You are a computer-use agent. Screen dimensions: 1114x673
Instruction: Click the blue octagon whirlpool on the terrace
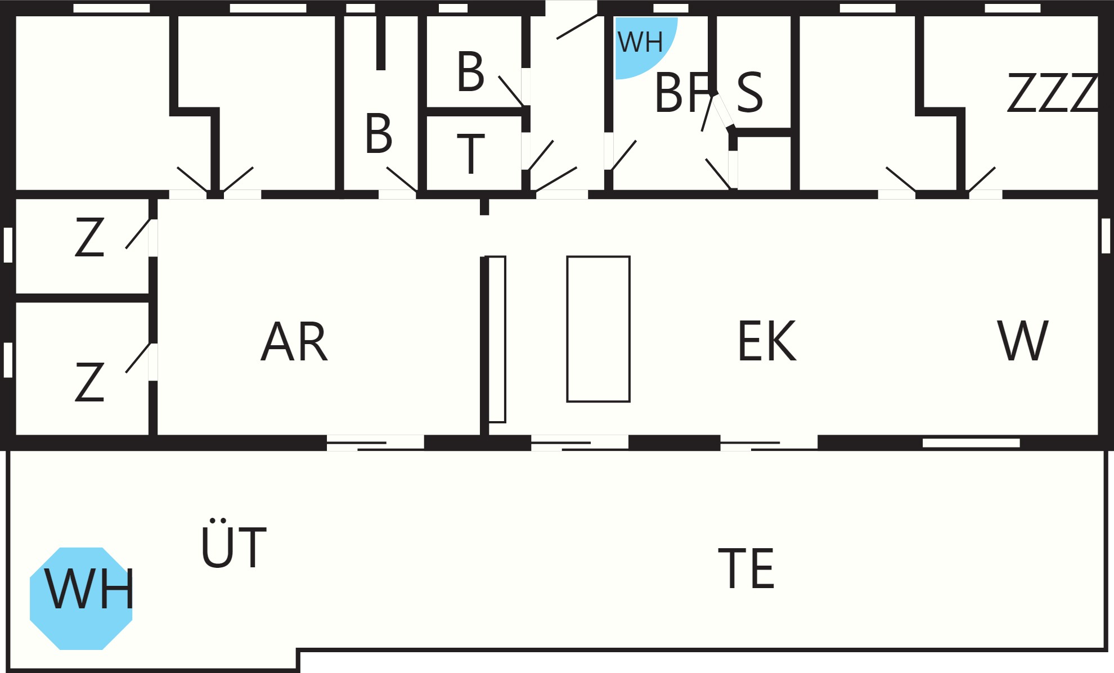pos(81,599)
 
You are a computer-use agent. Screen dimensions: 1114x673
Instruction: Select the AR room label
pos(294,341)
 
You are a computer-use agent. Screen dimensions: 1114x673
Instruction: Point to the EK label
pos(767,340)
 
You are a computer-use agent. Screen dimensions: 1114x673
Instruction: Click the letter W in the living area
pos(1023,340)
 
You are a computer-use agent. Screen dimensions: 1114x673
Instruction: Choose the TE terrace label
pos(747,568)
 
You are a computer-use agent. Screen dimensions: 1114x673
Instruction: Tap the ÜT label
pos(233,543)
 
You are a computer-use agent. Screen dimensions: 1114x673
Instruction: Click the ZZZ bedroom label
pos(1052,92)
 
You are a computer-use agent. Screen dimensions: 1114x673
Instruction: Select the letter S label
pos(749,91)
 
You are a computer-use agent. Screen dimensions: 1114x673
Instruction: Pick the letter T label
pos(470,153)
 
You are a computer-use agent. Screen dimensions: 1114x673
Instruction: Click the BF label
pos(682,92)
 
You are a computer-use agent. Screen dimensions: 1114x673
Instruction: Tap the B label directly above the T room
pos(470,71)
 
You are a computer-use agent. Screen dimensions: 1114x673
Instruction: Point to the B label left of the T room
pos(378,133)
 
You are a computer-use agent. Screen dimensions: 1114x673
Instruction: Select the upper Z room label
pos(89,237)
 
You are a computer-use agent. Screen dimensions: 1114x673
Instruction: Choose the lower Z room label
pos(89,382)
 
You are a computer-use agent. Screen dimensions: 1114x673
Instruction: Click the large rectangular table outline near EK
pos(598,329)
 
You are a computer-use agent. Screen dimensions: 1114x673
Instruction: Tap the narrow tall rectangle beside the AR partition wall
pos(496,339)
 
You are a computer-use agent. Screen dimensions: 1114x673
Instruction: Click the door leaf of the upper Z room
pos(138,233)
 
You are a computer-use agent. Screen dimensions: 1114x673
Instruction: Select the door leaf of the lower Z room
pos(138,358)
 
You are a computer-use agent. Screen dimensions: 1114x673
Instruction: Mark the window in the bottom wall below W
pos(971,443)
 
